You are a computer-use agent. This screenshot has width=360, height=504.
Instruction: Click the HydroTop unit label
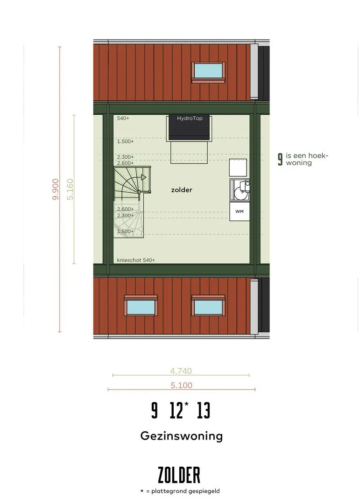point(190,118)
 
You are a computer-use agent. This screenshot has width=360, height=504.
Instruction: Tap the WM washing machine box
point(240,211)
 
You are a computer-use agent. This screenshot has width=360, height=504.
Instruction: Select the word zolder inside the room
point(182,190)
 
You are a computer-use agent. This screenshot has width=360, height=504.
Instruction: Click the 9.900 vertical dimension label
point(56,189)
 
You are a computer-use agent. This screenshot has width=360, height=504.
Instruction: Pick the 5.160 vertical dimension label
point(70,189)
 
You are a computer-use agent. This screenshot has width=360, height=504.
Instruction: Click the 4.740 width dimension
point(181,371)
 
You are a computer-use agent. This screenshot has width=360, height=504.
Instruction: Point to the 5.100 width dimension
point(182,385)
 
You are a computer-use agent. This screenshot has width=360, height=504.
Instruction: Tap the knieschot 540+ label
point(136,260)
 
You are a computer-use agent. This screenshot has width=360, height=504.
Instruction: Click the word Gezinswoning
point(182,436)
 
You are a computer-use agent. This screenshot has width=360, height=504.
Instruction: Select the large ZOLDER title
point(179,476)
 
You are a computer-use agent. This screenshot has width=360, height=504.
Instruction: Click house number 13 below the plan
point(204,411)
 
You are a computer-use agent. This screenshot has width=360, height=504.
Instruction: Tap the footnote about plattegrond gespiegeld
point(180,491)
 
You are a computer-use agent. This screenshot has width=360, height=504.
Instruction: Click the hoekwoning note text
point(307,159)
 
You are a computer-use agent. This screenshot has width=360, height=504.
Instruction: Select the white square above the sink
point(238,168)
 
